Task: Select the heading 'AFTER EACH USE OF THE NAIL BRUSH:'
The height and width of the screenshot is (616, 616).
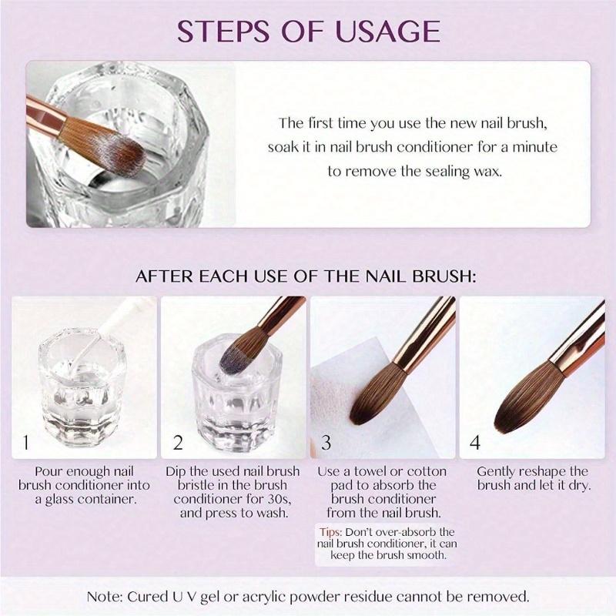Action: pos(306,276)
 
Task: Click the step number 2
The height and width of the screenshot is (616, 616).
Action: pos(177,443)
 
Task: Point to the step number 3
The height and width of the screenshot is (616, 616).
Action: pos(326,443)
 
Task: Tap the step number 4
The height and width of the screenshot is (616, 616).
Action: pos(476,443)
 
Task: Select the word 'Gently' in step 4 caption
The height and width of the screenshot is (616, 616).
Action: pos(498,471)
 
